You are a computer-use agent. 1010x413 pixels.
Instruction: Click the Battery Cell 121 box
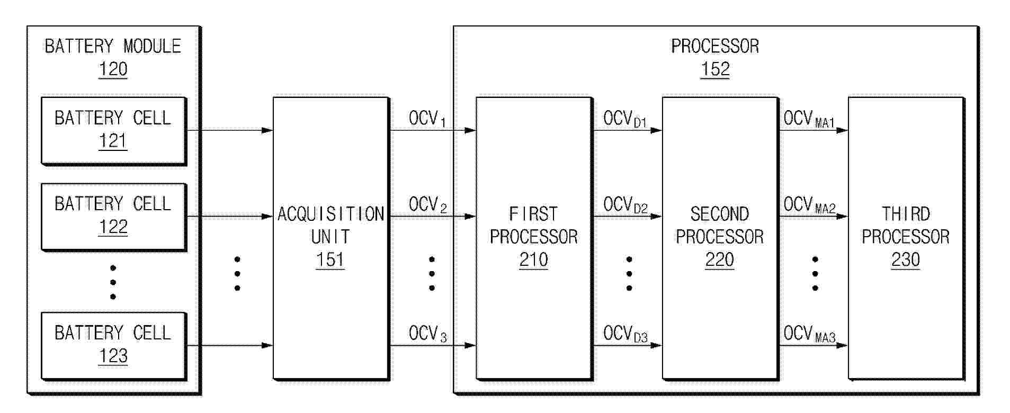pos(113,130)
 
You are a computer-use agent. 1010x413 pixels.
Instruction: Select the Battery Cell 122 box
pos(113,217)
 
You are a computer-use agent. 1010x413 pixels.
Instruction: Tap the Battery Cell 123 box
pos(113,346)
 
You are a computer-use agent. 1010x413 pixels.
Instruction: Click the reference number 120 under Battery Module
pos(113,69)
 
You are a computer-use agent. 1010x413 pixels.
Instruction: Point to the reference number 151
pos(330,259)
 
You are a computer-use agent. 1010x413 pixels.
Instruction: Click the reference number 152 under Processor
pos(715,69)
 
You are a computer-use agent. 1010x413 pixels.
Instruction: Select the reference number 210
pos(533,259)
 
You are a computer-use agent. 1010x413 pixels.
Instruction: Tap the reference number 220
pos(719,259)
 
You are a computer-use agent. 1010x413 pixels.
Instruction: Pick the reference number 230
pos(905,259)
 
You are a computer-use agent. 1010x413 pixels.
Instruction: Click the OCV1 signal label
pos(427,119)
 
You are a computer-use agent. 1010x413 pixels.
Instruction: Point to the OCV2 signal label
pos(428,205)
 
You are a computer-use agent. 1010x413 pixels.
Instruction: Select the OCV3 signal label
pos(428,334)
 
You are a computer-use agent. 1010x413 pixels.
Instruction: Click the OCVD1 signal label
pos(625,119)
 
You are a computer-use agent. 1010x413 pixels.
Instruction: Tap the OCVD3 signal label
pos(625,334)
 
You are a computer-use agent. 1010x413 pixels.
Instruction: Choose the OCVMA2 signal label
pos(810,205)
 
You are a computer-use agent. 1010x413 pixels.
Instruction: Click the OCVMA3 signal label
pos(810,334)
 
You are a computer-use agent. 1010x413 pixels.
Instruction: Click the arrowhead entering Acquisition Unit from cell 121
pos(267,130)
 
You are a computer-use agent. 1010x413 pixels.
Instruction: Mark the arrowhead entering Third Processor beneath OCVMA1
pos(842,130)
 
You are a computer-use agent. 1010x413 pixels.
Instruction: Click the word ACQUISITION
pos(331,214)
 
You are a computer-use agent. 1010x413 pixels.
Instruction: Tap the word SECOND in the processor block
pos(720,214)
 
